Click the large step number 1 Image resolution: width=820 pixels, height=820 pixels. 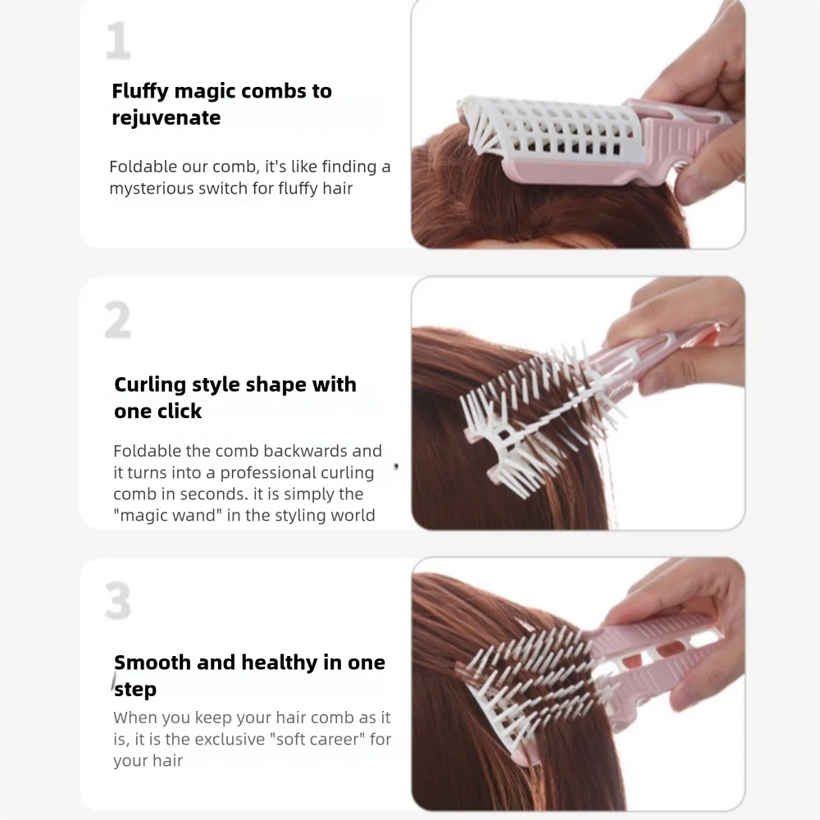tap(118, 42)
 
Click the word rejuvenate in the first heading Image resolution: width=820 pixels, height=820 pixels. tap(166, 118)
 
